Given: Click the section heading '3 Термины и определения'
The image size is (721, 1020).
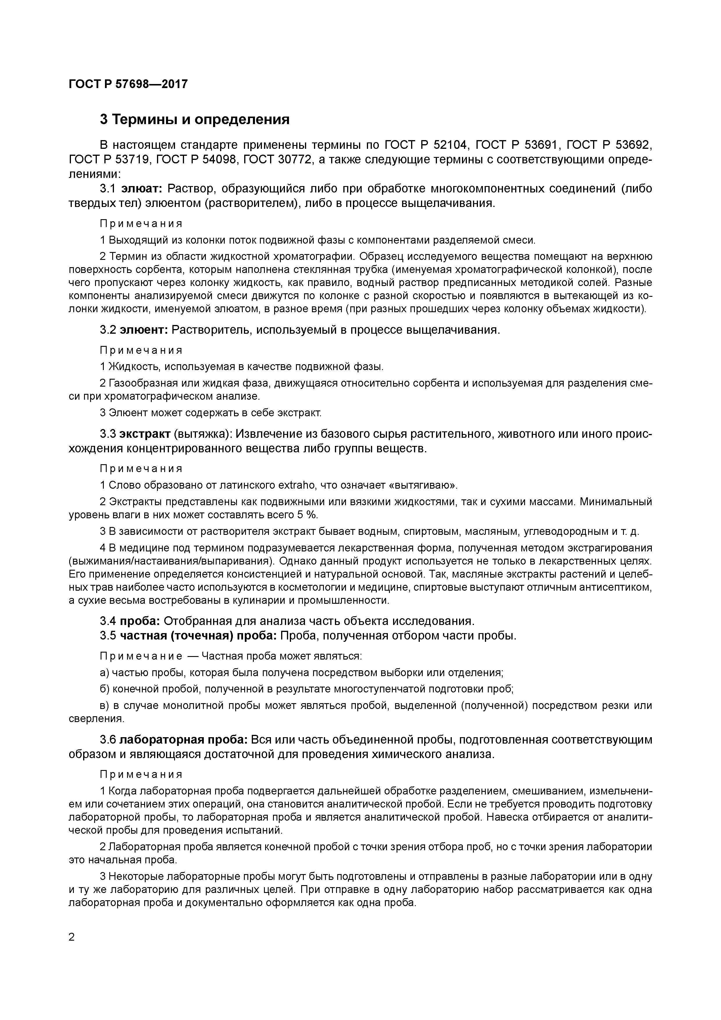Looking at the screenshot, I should pyautogui.click(x=194, y=119).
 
